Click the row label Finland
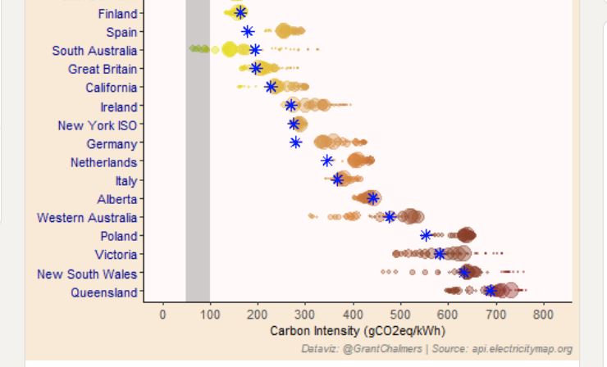(117, 14)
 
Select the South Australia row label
(94, 51)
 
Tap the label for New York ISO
(97, 125)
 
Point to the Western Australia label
(87, 218)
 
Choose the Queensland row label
(103, 292)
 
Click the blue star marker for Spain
(248, 31)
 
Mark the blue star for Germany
(295, 143)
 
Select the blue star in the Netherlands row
(327, 161)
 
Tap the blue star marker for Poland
(426, 235)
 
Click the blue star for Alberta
(372, 197)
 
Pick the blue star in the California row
(271, 87)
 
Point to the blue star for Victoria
(440, 254)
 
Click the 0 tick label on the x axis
(162, 315)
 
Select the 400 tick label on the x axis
(353, 315)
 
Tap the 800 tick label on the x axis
(542, 315)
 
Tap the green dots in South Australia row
(199, 49)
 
